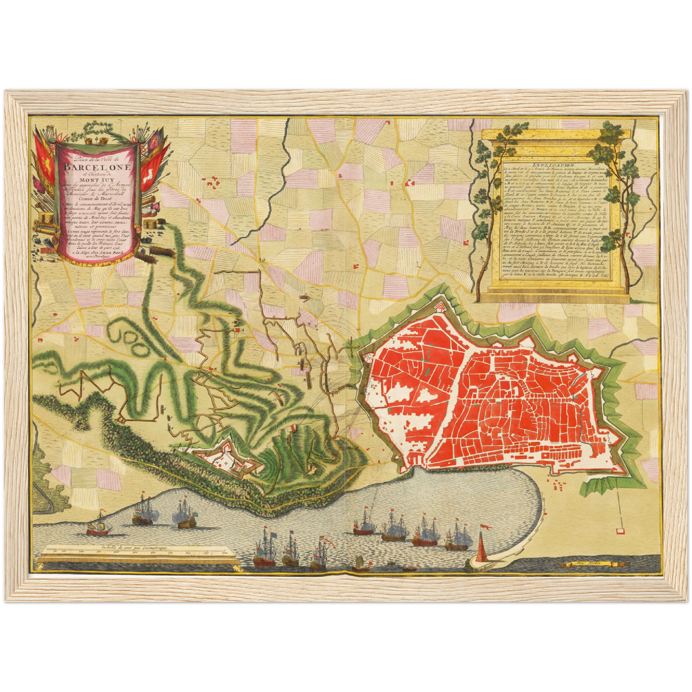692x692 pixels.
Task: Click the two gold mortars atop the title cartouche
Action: pos(95,141)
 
